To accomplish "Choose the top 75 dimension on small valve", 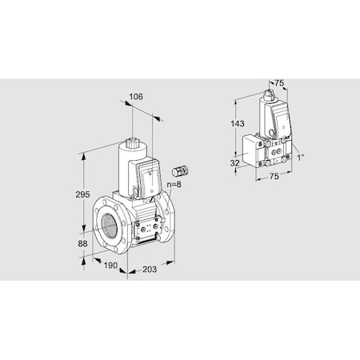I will tap(279, 82).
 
